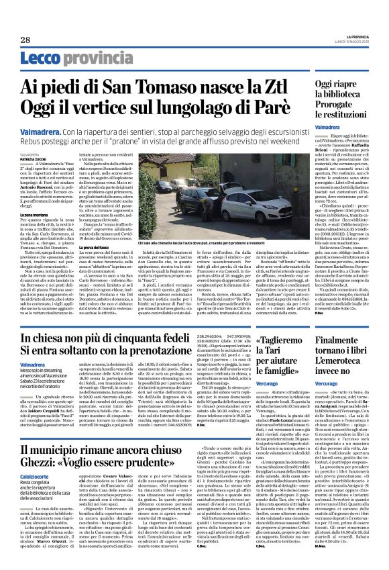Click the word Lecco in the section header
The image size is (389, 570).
tap(41, 59)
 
